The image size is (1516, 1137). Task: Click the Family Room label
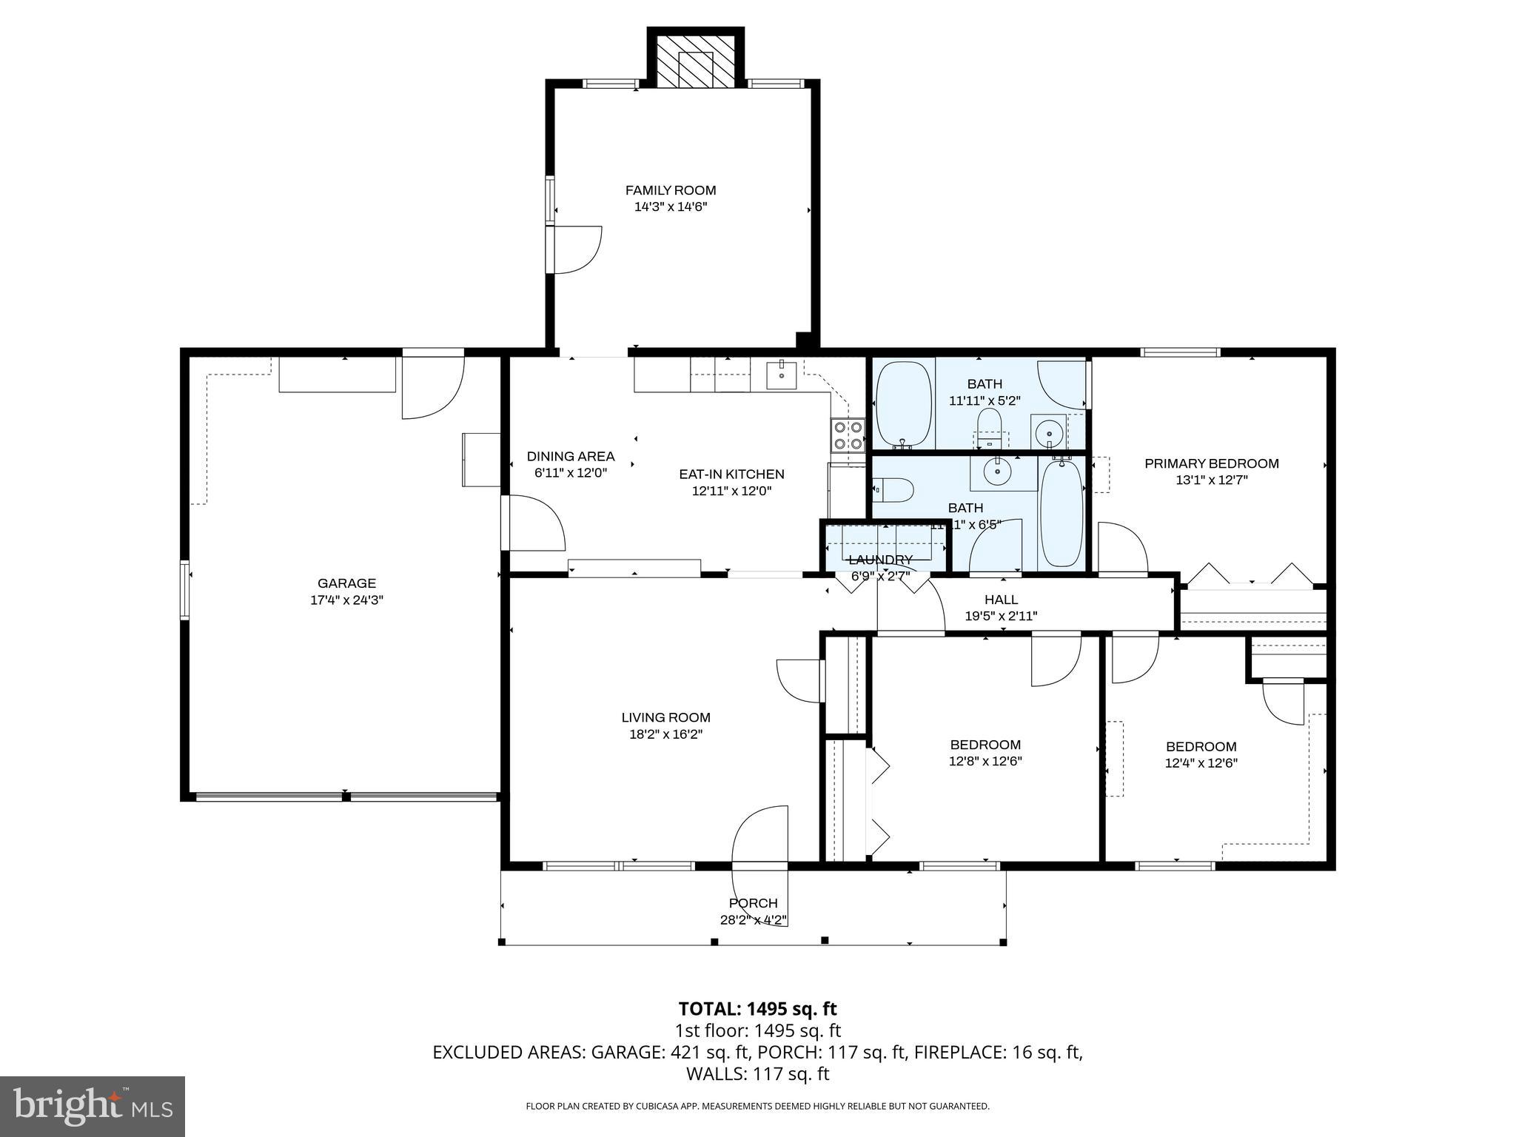coord(671,190)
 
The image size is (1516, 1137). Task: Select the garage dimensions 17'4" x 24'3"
coord(346,600)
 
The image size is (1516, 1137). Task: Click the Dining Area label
coord(570,457)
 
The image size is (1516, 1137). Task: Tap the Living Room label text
coord(665,717)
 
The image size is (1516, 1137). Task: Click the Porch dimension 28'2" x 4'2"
coord(753,921)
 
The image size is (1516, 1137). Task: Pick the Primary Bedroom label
coord(1211,464)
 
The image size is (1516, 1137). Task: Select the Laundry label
coord(880,560)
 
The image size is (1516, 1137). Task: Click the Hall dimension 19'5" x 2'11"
coord(1001,616)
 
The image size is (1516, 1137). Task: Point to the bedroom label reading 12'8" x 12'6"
coord(985,761)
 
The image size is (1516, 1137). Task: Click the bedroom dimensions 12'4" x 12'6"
coord(1201,763)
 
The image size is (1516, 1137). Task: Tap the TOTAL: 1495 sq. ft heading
coord(757,1009)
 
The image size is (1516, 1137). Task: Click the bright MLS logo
coord(93,1106)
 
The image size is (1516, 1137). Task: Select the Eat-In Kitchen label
coord(731,474)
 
